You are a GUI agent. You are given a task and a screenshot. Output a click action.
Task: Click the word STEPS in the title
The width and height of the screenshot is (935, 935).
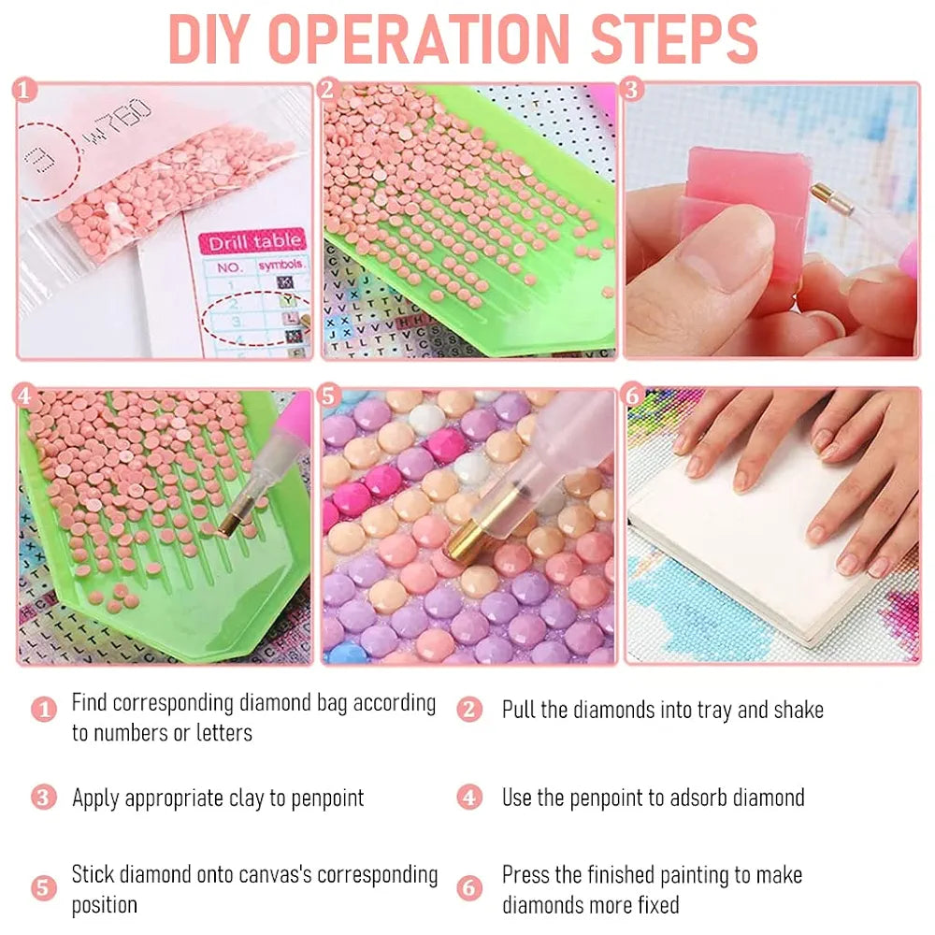pyautogui.click(x=674, y=38)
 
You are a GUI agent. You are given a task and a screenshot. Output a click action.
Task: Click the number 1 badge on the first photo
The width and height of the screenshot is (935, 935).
pyautogui.click(x=24, y=90)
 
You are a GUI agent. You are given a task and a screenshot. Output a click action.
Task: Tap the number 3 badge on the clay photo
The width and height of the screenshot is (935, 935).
pyautogui.click(x=632, y=90)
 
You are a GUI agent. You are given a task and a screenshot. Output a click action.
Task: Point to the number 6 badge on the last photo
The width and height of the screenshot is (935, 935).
pyautogui.click(x=633, y=396)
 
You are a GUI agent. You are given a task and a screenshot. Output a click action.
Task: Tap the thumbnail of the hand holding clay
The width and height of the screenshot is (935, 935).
pyautogui.click(x=771, y=220)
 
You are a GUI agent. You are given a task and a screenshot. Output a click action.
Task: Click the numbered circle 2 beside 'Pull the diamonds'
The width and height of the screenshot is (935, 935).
pyautogui.click(x=469, y=710)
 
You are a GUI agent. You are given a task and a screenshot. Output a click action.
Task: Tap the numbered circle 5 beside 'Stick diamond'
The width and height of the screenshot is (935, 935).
pyautogui.click(x=44, y=888)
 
